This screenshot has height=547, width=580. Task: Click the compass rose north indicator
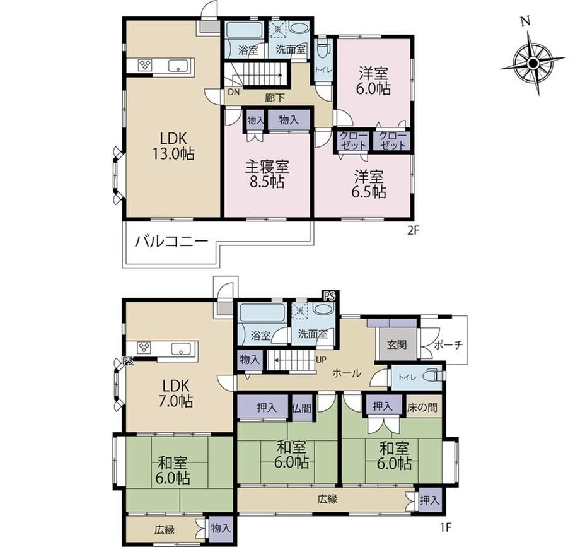point(525,23)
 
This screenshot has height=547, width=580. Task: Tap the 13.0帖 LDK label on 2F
point(173,146)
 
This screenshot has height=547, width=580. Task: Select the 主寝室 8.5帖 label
point(267,175)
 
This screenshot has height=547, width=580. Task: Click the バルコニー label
point(171,242)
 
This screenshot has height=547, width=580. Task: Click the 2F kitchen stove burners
point(144,66)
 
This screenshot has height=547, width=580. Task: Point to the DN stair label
point(233,91)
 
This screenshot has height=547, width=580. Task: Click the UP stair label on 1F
point(322,360)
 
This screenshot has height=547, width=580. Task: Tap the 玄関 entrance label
point(397,344)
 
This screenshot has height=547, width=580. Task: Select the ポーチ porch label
point(448,344)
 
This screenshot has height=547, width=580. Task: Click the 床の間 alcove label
point(422,408)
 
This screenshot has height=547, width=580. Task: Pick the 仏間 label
point(301,408)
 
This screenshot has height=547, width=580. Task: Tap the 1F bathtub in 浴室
point(262,313)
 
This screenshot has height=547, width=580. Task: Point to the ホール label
point(347,373)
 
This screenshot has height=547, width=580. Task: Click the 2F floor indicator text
point(412,231)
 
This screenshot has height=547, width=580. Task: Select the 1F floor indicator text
point(446,527)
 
